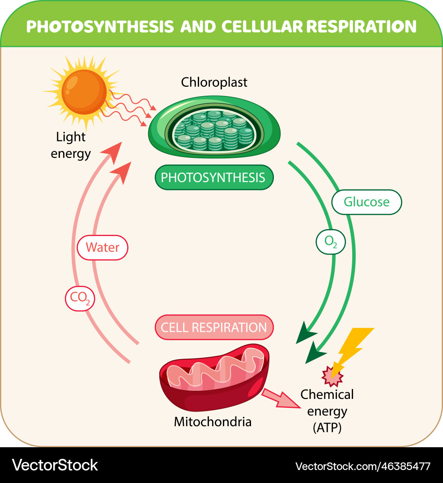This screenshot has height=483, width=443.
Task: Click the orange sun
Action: (84, 92)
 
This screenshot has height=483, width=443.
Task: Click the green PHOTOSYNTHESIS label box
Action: (213, 178)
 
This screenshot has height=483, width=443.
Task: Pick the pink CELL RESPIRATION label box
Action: (214, 327)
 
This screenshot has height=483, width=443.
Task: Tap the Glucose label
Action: (366, 202)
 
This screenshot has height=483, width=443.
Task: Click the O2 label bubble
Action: (330, 242)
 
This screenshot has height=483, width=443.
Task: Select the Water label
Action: (102, 247)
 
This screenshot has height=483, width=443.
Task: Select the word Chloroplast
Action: (214, 82)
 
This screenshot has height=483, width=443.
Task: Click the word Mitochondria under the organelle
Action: (213, 421)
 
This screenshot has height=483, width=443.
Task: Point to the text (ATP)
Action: (327, 427)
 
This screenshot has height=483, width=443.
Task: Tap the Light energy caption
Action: (71, 145)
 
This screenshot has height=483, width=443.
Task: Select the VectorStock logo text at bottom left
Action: (55, 465)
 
